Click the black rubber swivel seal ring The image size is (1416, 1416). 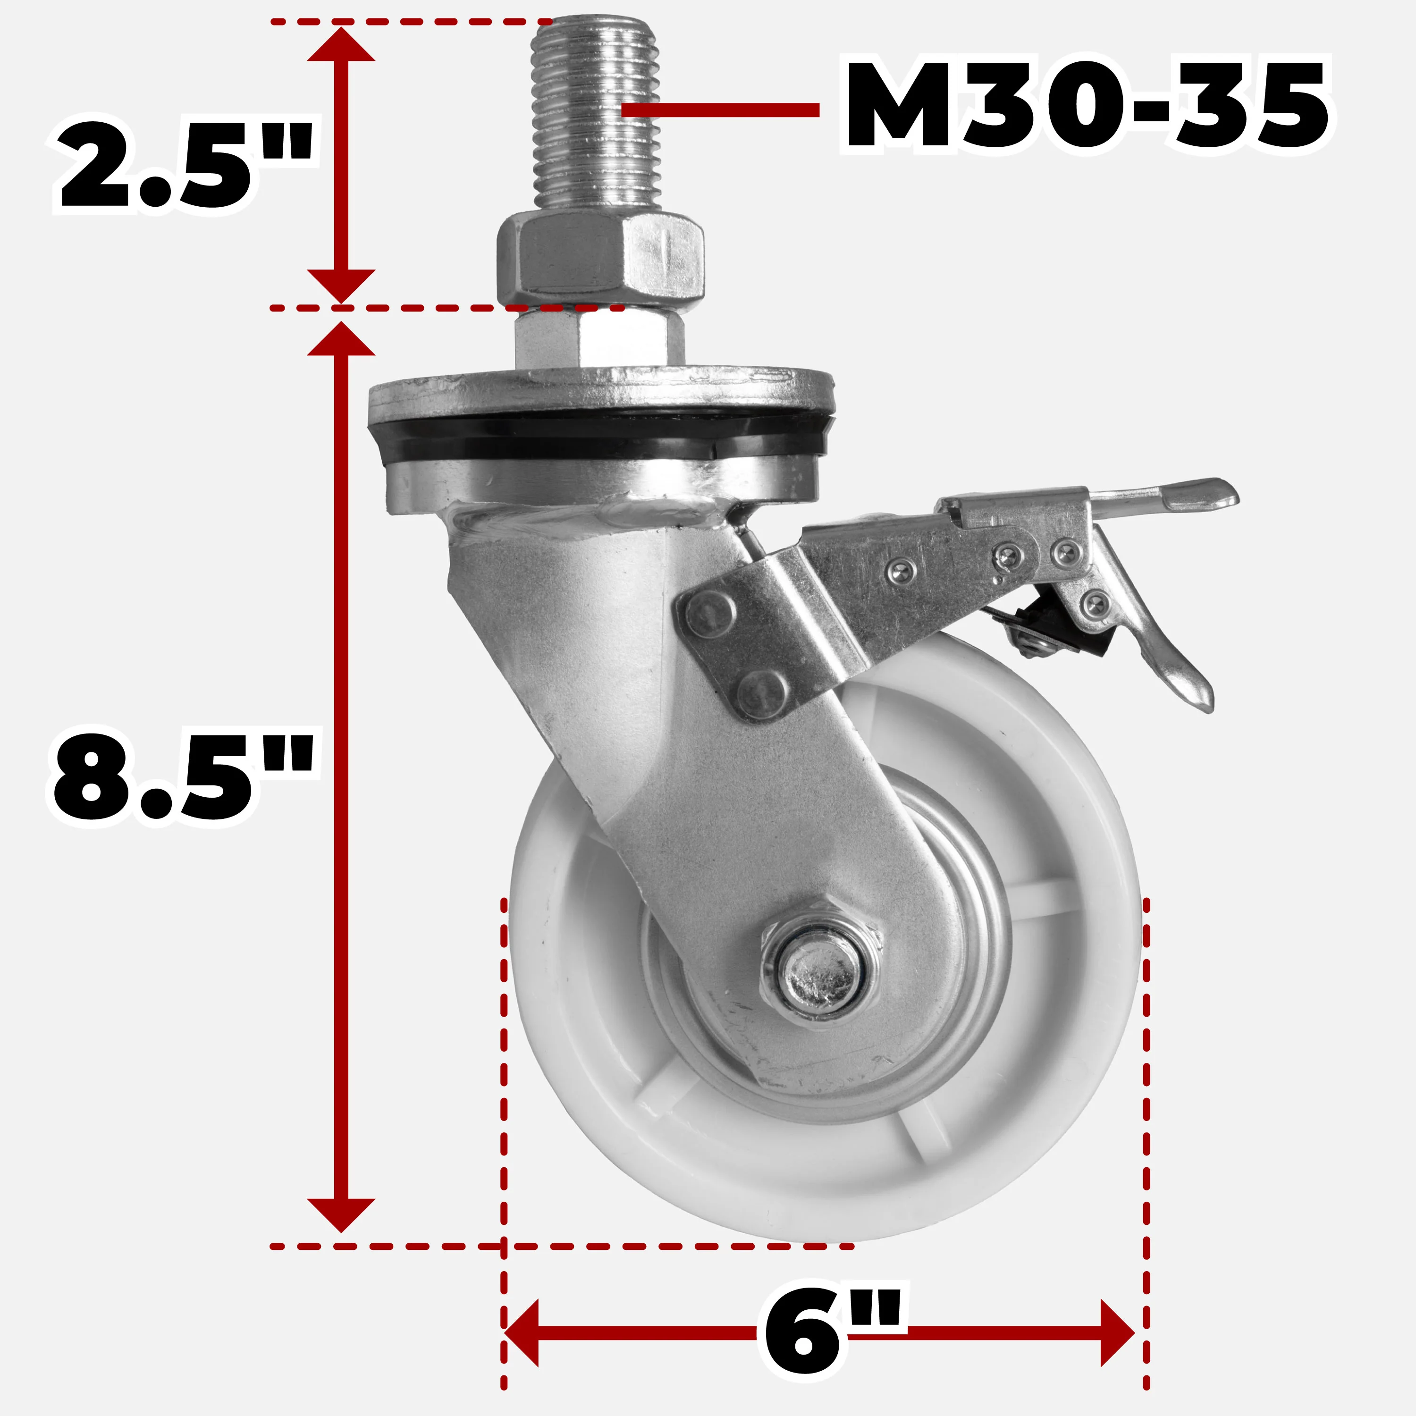point(601,436)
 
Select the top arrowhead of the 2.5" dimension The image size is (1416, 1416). point(341,45)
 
